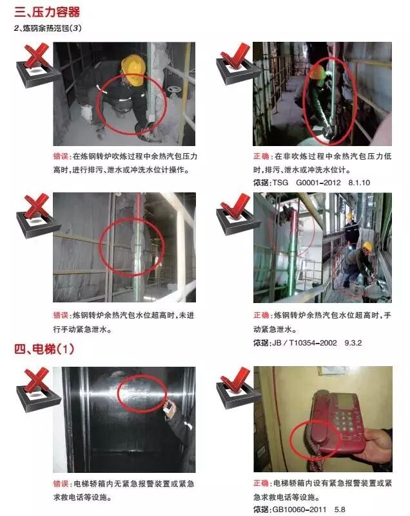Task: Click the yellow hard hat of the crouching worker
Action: tap(133, 64)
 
